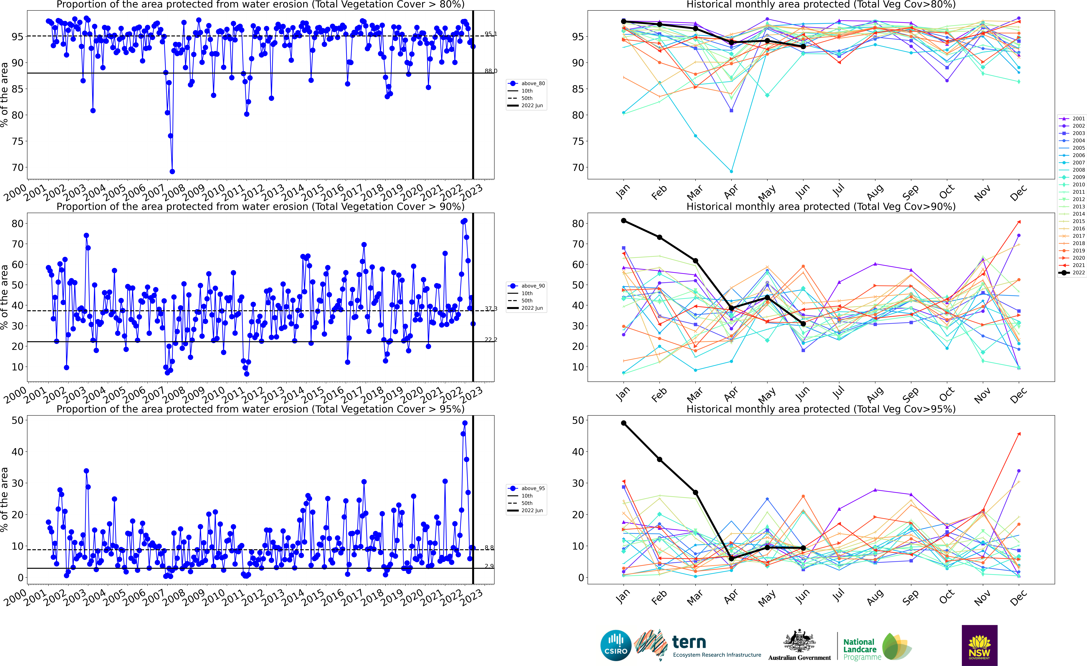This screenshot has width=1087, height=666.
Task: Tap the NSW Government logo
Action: pyautogui.click(x=979, y=645)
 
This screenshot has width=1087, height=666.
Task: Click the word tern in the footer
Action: pyautogui.click(x=689, y=642)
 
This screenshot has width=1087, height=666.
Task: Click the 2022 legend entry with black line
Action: pyautogui.click(x=1072, y=272)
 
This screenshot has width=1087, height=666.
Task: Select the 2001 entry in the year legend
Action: pyautogui.click(x=1072, y=118)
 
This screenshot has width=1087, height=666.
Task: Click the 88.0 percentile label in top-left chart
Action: pyautogui.click(x=491, y=71)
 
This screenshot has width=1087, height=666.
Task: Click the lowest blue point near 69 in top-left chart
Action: pyautogui.click(x=172, y=171)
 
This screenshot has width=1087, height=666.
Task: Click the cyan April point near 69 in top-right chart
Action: pyautogui.click(x=731, y=171)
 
